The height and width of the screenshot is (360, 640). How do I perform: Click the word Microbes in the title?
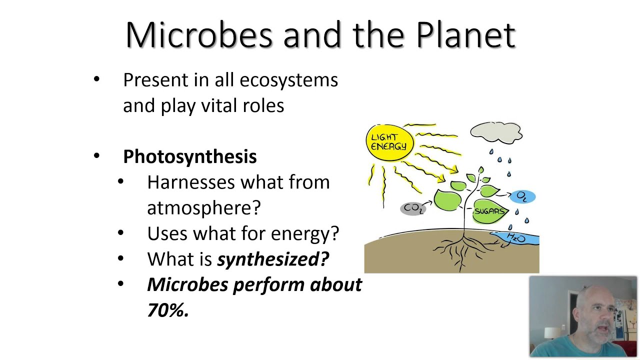point(199,35)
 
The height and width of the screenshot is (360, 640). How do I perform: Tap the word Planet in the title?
point(465,35)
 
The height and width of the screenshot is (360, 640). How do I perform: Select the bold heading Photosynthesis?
point(189,156)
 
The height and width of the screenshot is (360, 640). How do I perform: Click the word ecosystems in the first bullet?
point(288,80)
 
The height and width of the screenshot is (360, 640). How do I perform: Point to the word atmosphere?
point(203,208)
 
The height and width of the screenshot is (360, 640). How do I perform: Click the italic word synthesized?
point(273,259)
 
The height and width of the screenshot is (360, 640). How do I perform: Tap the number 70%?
point(167,310)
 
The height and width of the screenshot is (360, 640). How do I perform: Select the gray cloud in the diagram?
point(496,133)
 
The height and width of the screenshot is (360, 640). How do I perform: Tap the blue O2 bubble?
point(522,196)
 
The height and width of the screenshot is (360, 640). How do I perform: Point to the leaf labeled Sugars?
point(488,211)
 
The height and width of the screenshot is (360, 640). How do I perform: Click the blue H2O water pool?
point(517,238)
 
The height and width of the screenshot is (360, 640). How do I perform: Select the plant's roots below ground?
point(462,250)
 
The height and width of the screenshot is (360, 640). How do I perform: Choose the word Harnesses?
point(190,182)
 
